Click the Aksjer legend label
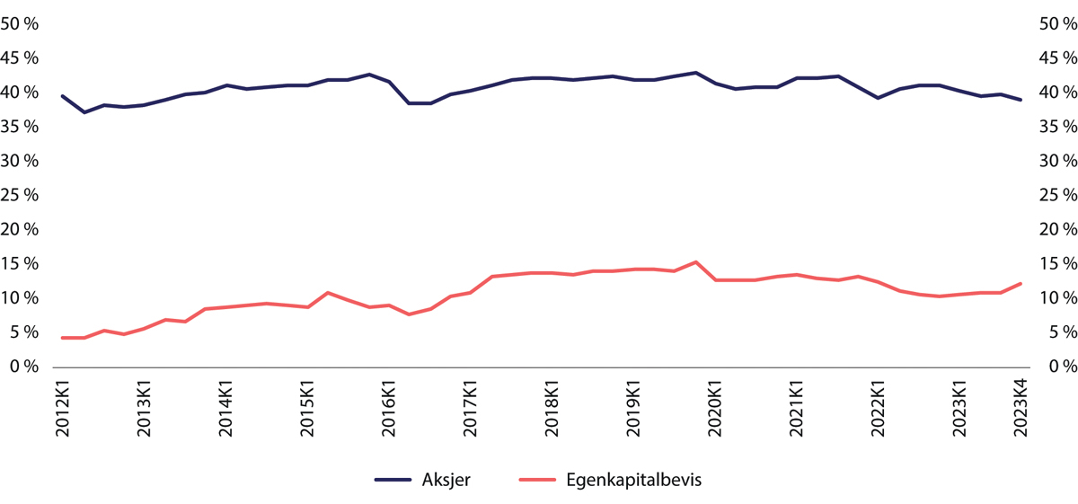(x=446, y=481)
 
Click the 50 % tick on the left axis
(x=24, y=24)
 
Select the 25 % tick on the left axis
(x=24, y=196)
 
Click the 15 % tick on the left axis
(x=24, y=264)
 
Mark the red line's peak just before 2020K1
(x=695, y=262)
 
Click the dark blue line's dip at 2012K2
(x=84, y=112)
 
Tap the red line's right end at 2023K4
(x=1021, y=284)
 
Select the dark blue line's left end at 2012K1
(x=63, y=96)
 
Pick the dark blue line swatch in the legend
(x=394, y=481)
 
